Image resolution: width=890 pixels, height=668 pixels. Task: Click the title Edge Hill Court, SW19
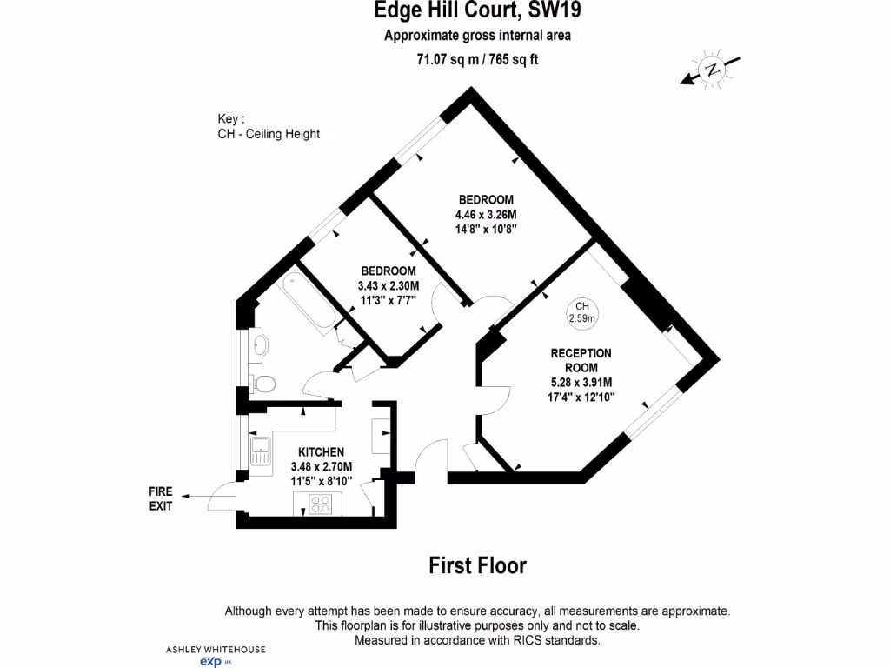(x=477, y=11)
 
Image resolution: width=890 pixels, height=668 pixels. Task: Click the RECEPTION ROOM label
(x=581, y=360)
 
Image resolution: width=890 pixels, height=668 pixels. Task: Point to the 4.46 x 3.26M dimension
(x=486, y=216)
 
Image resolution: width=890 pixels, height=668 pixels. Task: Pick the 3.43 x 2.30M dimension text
(x=388, y=285)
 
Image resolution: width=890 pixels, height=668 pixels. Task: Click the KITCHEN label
(x=321, y=452)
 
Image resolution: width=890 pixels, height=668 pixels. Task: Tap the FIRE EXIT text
(x=161, y=498)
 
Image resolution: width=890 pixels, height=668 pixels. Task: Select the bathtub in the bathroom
(x=310, y=301)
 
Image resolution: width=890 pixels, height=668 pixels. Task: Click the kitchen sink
(x=260, y=450)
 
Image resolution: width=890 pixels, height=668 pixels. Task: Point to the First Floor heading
(x=477, y=565)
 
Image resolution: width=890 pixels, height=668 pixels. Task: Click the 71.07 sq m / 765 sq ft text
(x=477, y=60)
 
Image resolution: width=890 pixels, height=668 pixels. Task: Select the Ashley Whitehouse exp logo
(x=216, y=656)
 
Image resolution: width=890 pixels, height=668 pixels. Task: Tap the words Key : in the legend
(x=231, y=119)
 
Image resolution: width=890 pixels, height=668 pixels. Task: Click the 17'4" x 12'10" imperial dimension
(x=581, y=397)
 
